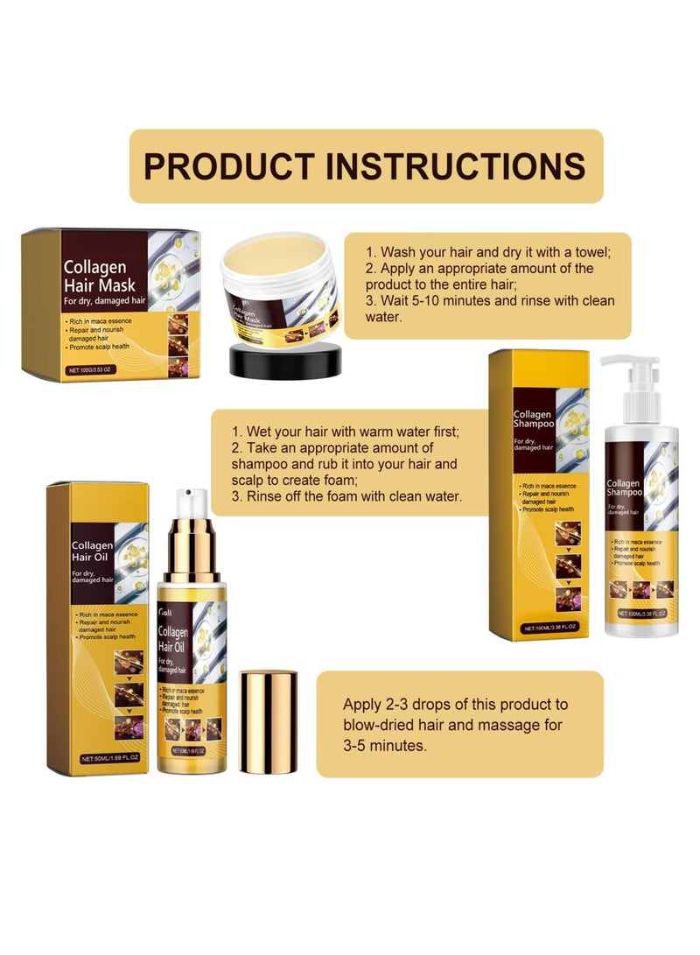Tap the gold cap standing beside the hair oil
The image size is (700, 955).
pyautogui.click(x=268, y=721)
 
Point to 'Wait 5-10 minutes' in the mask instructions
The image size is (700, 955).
pyautogui.click(x=433, y=300)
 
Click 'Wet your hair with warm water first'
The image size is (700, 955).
pyautogui.click(x=346, y=432)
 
